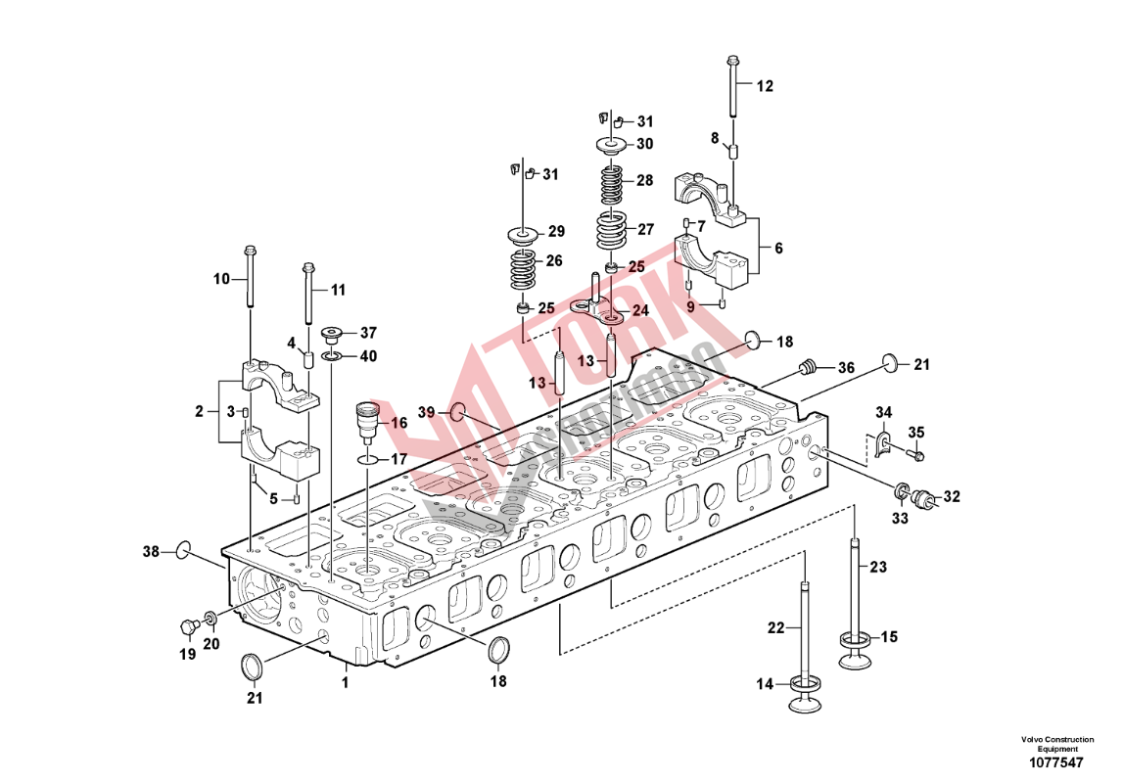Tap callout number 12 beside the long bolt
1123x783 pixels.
pos(765,86)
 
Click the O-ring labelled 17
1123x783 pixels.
pos(366,459)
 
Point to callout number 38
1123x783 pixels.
pos(150,552)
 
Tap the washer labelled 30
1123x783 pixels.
pos(612,146)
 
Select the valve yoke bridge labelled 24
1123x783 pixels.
pos(599,311)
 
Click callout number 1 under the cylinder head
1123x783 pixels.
pos(345,681)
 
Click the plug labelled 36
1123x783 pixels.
pos(808,369)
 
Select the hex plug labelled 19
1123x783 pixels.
pos(187,625)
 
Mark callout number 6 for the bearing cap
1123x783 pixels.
pos(778,249)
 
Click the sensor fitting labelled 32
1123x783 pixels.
pos(922,499)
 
